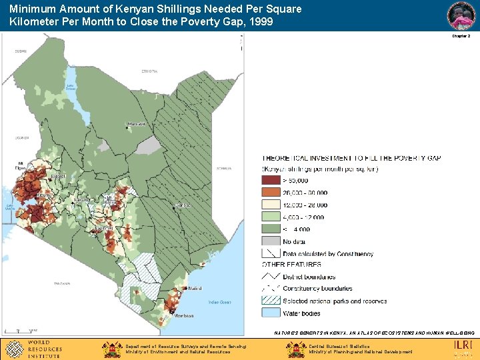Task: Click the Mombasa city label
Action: [x=185, y=315]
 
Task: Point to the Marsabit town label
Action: [x=137, y=123]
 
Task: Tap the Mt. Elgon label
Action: [x=21, y=165]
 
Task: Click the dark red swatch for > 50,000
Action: [x=271, y=180]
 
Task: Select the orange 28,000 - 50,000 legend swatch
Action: [x=271, y=193]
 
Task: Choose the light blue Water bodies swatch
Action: [x=271, y=313]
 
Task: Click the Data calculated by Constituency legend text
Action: [x=328, y=253]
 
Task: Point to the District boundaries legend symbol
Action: [x=271, y=277]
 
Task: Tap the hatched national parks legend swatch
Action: [x=271, y=301]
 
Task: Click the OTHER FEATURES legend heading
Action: [x=291, y=265]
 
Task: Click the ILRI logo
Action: [x=463, y=346]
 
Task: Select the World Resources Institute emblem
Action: [x=14, y=348]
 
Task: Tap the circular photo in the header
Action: [x=461, y=15]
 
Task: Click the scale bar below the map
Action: [x=20, y=330]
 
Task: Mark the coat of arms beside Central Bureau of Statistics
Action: [x=296, y=349]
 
